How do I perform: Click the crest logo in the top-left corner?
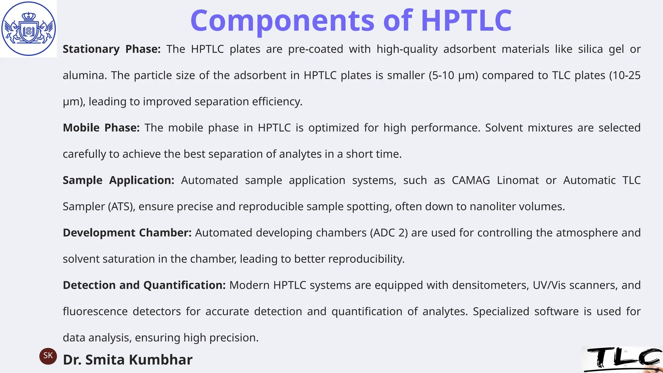tap(28, 28)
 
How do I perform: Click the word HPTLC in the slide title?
tap(466, 20)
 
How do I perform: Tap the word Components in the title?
tap(282, 20)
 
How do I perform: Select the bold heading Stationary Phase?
tap(111, 49)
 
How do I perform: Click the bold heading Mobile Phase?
tap(101, 128)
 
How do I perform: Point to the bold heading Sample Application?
tap(118, 180)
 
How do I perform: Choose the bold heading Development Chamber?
tap(127, 233)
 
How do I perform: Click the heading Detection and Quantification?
tap(144, 285)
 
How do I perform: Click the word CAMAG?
tap(471, 180)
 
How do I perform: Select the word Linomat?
tap(518, 180)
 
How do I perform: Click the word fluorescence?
tap(95, 311)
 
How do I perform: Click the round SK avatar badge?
tap(48, 356)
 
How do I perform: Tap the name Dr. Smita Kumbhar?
tap(128, 360)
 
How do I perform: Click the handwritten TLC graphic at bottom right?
tap(622, 359)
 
